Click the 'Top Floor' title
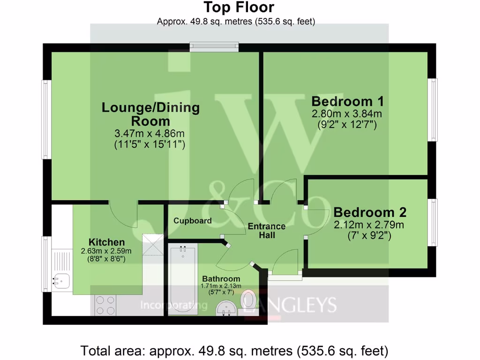coord(239,7)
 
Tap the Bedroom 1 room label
coord(348,101)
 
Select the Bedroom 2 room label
coord(370,212)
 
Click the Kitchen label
coord(107,242)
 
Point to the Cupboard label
coord(192,221)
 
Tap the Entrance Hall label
coord(267,231)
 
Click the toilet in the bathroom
coord(248,300)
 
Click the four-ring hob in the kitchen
coord(105,306)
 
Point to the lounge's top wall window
coord(214,47)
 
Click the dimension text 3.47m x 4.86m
coord(150,134)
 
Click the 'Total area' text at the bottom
coord(234,350)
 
